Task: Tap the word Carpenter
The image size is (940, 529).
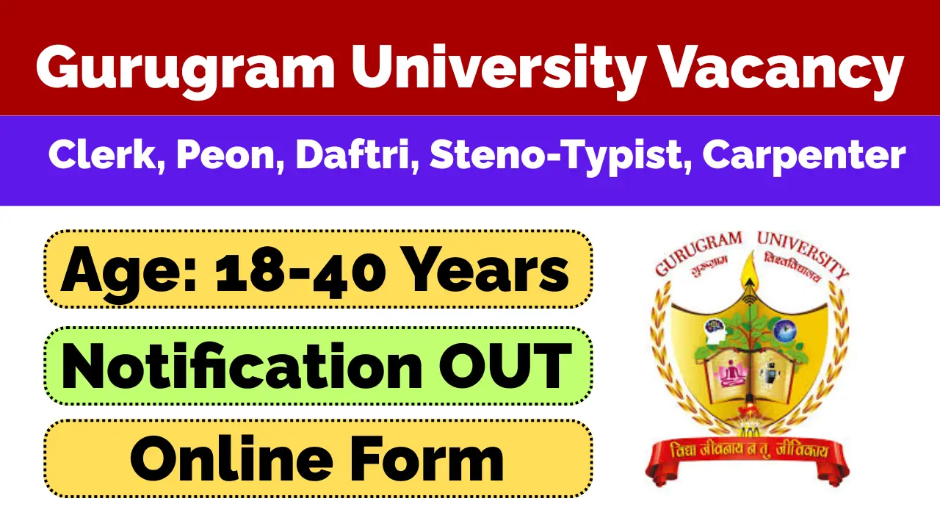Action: pyautogui.click(x=803, y=156)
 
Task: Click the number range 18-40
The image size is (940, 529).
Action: pyautogui.click(x=300, y=270)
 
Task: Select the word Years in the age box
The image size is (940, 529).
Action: pyautogui.click(x=484, y=270)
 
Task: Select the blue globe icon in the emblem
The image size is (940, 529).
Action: pyautogui.click(x=784, y=331)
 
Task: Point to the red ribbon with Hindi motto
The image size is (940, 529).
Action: pyautogui.click(x=748, y=453)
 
